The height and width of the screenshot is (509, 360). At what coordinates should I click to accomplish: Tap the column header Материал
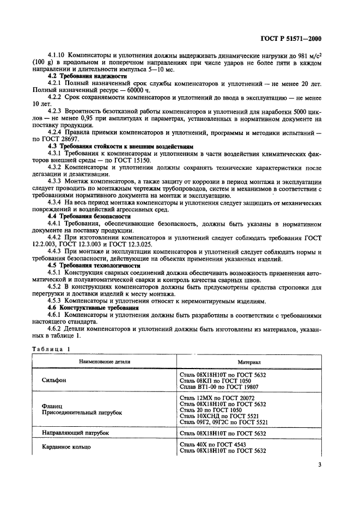tap(249, 361)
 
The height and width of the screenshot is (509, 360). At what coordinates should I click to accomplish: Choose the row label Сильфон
tap(54, 381)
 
